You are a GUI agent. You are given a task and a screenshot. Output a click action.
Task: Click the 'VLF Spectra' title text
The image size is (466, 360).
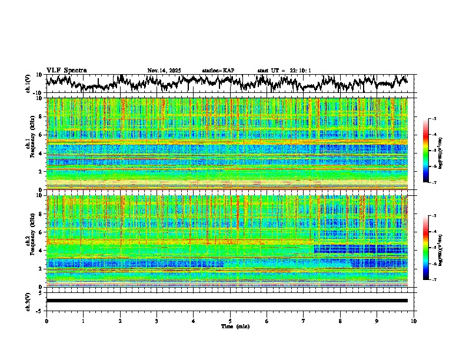66,71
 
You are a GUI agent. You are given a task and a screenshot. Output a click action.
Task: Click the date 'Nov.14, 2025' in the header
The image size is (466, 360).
164,71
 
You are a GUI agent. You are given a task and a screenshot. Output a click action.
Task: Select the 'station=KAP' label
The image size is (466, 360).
218,71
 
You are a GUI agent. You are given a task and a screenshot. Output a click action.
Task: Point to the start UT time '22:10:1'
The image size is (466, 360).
299,71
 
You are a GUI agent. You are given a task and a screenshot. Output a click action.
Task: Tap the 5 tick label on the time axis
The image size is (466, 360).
230,321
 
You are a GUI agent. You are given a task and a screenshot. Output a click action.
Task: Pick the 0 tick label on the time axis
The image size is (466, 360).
46,321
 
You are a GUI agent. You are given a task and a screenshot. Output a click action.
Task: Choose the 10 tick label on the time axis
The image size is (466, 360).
414,321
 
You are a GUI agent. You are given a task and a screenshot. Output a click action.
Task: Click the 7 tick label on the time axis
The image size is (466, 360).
304,321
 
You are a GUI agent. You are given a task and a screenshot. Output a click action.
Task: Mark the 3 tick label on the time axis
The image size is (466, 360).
157,321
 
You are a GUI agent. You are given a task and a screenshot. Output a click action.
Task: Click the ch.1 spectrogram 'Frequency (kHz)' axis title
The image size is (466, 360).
30,144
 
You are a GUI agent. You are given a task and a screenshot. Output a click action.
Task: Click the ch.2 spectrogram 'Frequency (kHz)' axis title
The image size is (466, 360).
30,241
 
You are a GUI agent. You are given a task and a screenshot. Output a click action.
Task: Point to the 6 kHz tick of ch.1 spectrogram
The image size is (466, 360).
41,135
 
